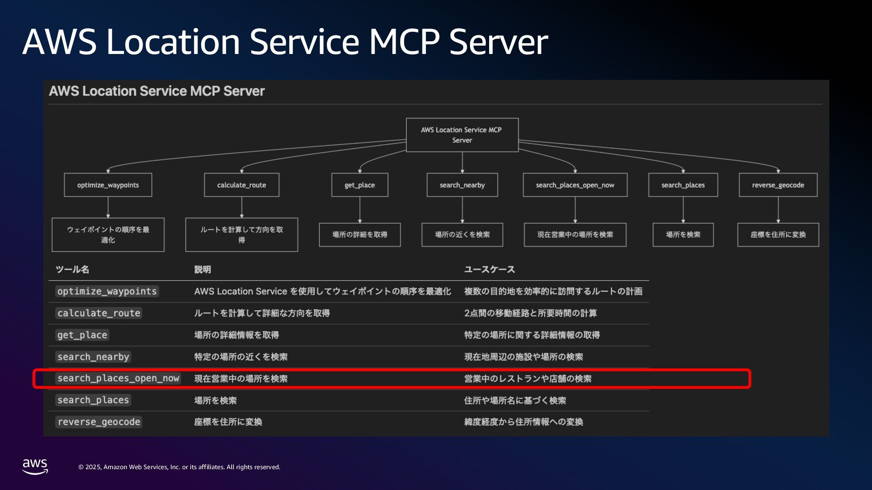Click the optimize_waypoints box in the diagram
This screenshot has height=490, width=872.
point(108,185)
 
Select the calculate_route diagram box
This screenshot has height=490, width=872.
point(242,185)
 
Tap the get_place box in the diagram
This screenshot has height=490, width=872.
point(360,185)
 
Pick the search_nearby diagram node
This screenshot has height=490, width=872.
point(462,185)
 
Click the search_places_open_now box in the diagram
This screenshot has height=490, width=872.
point(575,185)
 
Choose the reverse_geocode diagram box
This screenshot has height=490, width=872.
point(778,185)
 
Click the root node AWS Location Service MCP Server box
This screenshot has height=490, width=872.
point(462,135)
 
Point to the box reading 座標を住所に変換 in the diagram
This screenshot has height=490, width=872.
point(778,235)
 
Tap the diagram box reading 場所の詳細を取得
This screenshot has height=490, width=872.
point(360,235)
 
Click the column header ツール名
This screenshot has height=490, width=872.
point(72,269)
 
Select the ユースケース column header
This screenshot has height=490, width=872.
point(489,269)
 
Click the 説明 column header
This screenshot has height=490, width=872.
point(203,269)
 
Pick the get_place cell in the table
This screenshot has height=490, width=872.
point(82,335)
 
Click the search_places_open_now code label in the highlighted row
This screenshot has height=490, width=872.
point(118,378)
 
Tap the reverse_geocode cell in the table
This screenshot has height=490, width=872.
point(99,422)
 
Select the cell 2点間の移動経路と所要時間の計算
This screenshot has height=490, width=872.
point(530,313)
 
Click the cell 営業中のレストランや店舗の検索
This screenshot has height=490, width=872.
point(527,378)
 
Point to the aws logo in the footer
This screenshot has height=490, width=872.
point(35,466)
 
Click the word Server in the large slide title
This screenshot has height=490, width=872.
point(498,42)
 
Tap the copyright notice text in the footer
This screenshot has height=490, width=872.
point(179,467)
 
